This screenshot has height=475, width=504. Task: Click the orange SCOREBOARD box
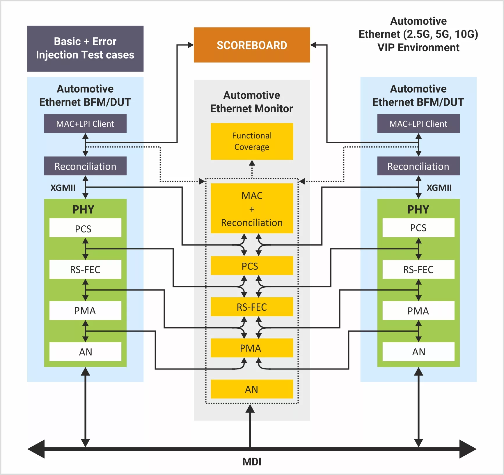[252, 45]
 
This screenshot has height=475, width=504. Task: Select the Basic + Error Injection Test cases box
[85, 49]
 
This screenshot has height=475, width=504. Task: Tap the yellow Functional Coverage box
[252, 141]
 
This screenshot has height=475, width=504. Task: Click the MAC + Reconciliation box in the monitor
[252, 208]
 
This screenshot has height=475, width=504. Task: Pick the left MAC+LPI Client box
[85, 124]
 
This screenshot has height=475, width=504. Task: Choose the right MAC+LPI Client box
[418, 124]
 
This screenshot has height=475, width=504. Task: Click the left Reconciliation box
[85, 166]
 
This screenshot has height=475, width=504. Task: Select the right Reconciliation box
[418, 166]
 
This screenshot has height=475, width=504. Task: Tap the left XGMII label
[63, 188]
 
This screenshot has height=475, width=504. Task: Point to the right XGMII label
[439, 188]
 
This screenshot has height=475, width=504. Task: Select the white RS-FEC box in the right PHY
[418, 269]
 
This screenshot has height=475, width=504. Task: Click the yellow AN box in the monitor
[252, 389]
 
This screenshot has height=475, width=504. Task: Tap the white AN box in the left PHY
[85, 352]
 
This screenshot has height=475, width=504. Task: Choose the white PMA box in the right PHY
[418, 311]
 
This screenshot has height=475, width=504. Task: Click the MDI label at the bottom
[252, 462]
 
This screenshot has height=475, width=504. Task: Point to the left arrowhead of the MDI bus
[36, 449]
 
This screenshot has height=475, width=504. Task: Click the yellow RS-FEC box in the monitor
[252, 307]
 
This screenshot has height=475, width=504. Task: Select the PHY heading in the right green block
[418, 209]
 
